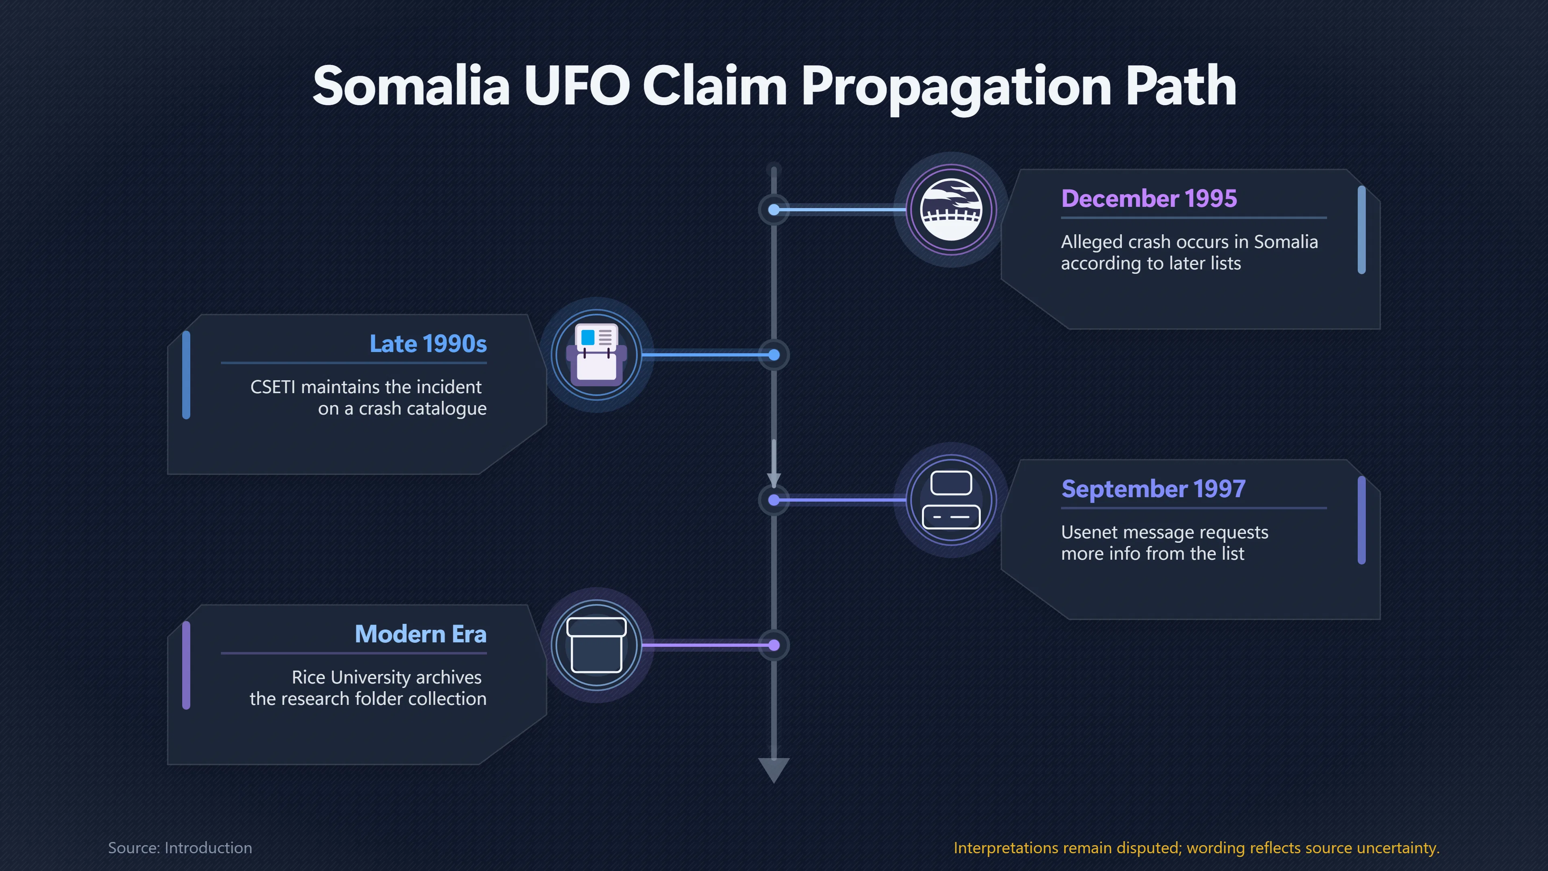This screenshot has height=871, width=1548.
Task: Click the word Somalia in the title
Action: [x=411, y=86]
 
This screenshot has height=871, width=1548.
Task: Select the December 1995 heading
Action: [x=1149, y=198]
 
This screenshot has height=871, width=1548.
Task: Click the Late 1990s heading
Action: [x=428, y=344]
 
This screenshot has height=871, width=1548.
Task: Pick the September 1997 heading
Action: [x=1153, y=489]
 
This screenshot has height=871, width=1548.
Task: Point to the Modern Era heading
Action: [x=420, y=634]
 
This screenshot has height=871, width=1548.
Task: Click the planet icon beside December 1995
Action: [x=951, y=210]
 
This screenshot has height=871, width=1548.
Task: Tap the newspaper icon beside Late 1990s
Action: [x=597, y=355]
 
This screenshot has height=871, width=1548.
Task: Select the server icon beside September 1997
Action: [x=951, y=500]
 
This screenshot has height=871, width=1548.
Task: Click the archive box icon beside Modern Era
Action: [x=597, y=645]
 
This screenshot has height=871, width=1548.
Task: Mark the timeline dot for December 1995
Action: [x=774, y=210]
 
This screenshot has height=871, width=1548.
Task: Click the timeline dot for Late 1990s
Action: [x=774, y=355]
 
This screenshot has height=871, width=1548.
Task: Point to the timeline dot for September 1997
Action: [x=774, y=500]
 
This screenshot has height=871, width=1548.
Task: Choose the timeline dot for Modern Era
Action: [x=774, y=645]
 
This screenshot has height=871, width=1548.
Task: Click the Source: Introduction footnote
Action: [x=180, y=848]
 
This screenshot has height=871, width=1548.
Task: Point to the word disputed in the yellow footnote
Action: [x=1149, y=848]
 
